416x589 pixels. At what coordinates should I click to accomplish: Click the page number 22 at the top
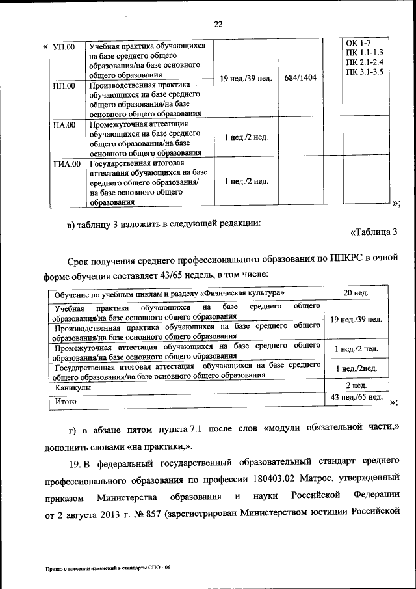pos(218,25)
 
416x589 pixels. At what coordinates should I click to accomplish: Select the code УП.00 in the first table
pos(64,47)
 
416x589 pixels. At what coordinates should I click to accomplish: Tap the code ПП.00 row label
pos(64,85)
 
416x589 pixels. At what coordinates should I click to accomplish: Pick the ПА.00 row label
pos(64,124)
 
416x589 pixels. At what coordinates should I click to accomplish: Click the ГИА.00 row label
pos(66,163)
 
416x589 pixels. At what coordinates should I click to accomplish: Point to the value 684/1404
pos(300,77)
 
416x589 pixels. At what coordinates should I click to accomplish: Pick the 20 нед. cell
pos(356,293)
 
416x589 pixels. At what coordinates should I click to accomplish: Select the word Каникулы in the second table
pos(73,387)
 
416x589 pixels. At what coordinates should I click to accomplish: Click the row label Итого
pos(66,402)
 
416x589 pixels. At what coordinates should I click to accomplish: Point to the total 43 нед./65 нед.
pos(357,397)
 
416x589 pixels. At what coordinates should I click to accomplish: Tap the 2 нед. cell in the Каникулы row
pos(356,386)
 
